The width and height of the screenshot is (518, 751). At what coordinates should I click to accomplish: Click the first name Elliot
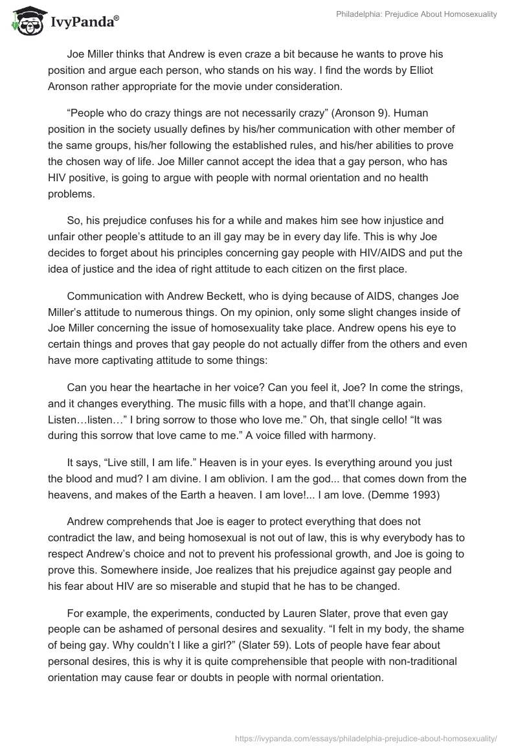[458, 71]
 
